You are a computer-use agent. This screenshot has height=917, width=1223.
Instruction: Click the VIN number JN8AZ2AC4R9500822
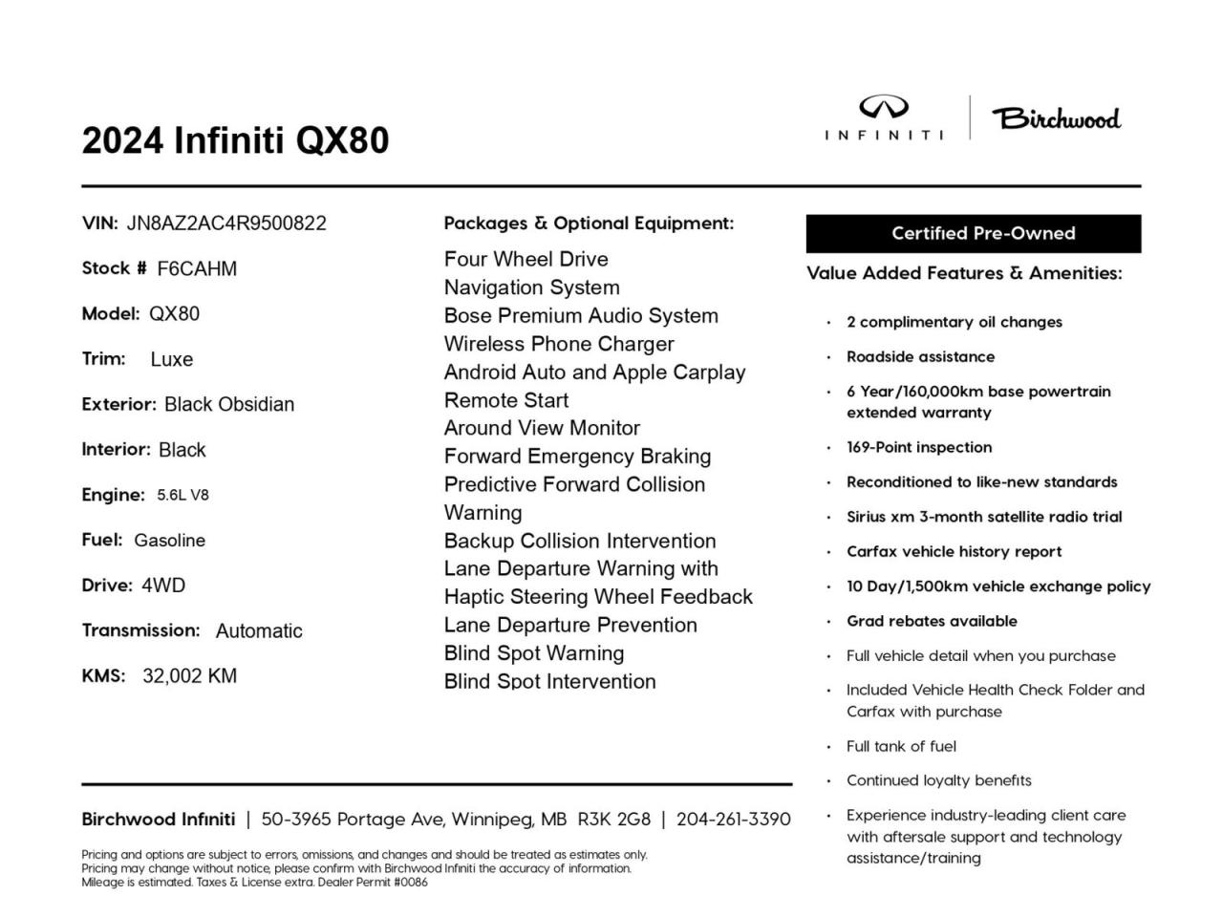226,224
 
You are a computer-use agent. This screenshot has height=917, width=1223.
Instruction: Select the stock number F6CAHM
197,269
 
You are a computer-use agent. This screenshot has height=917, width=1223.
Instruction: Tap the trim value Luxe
172,360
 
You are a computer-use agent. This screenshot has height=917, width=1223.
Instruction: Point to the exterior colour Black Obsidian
229,405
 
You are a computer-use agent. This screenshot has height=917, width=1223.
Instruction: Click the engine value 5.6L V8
182,496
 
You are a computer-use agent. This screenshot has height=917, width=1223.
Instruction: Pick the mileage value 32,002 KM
189,676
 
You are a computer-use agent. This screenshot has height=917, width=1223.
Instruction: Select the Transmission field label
140,630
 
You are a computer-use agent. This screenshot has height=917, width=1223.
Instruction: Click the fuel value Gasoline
169,541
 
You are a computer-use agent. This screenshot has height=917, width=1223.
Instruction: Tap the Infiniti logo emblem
884,108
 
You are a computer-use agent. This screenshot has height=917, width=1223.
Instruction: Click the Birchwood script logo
1056,118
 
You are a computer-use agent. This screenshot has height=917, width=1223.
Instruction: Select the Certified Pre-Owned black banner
973,234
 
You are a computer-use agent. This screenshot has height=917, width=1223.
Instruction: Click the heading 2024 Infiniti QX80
235,140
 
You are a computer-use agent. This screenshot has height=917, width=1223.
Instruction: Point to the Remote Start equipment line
506,400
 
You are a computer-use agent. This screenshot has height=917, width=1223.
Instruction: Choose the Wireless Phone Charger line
559,344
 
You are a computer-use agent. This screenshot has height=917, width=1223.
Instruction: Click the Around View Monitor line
542,428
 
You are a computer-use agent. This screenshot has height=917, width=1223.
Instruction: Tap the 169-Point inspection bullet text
919,447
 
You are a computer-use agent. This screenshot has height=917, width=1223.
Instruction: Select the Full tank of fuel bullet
901,746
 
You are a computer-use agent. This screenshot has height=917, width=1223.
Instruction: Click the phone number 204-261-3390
733,820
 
